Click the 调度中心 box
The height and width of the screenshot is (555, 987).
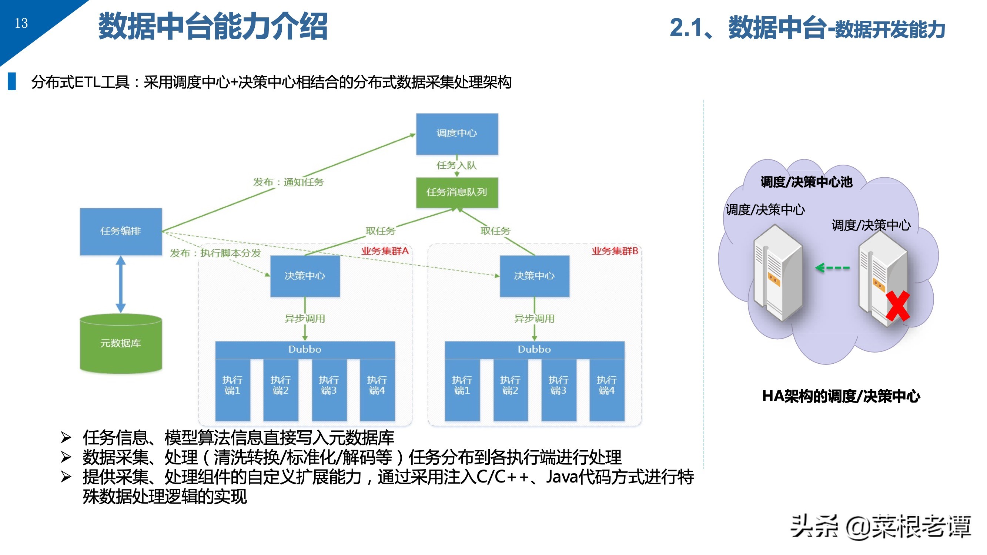[457, 134]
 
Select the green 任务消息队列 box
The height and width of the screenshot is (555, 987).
[457, 192]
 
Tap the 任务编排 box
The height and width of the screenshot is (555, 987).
[121, 231]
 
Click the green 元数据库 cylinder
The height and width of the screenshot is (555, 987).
[121, 344]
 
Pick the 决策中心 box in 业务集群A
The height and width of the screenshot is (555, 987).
[305, 276]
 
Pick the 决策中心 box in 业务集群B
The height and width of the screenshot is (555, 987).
[534, 276]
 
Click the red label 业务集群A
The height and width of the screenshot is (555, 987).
[385, 251]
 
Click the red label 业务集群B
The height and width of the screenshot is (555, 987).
[615, 251]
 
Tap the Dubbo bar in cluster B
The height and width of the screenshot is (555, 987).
[534, 349]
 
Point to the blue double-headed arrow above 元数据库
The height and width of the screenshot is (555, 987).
[121, 284]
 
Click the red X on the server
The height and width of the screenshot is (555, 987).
[897, 306]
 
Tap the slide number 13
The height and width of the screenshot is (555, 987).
[21, 23]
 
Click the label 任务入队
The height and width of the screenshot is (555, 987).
[456, 165]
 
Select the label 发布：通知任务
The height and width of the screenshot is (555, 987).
[288, 182]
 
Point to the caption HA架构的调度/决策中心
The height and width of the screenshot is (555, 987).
[841, 396]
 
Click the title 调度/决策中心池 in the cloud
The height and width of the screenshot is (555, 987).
[807, 182]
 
